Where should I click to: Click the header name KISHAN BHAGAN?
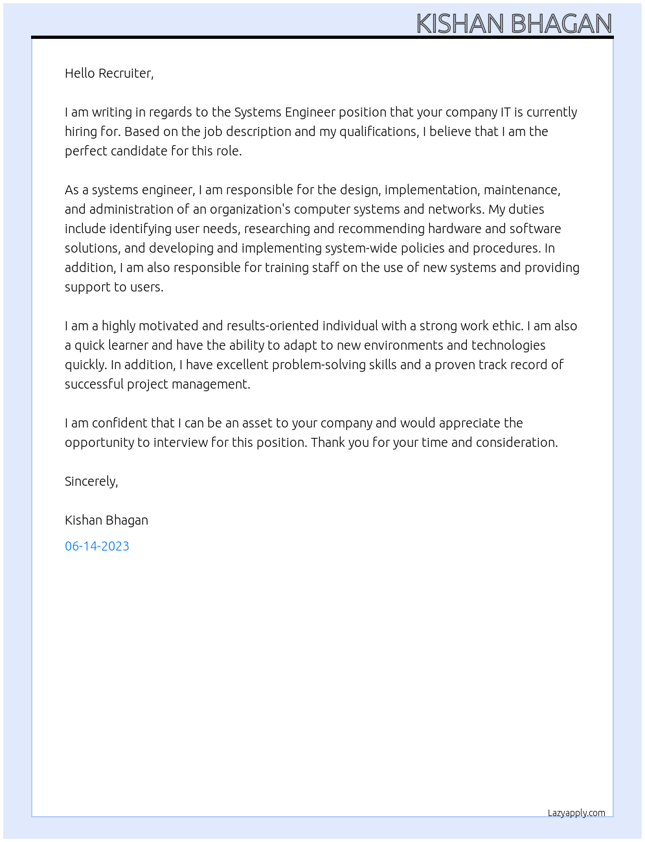tap(514, 23)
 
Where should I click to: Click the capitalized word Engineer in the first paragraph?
tap(310, 112)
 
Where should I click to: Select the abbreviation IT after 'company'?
tap(508, 112)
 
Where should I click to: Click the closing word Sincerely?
tap(91, 481)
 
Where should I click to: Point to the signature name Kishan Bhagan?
tap(106, 520)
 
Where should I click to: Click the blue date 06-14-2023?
tap(97, 546)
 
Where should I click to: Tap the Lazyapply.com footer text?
tap(576, 813)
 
